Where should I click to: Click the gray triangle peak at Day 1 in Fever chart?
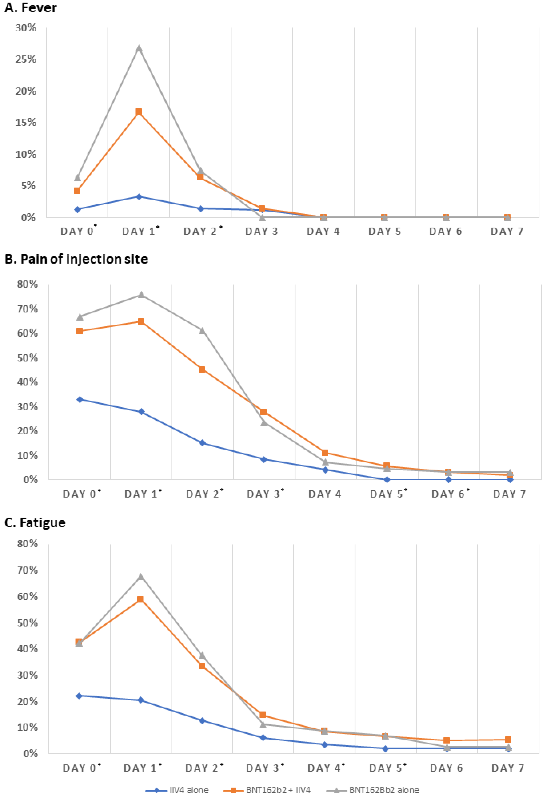(139, 48)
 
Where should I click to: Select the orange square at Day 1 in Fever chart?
(139, 111)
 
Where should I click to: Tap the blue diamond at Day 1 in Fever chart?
(139, 196)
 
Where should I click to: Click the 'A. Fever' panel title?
(30, 8)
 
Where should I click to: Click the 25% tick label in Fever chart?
(26, 59)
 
